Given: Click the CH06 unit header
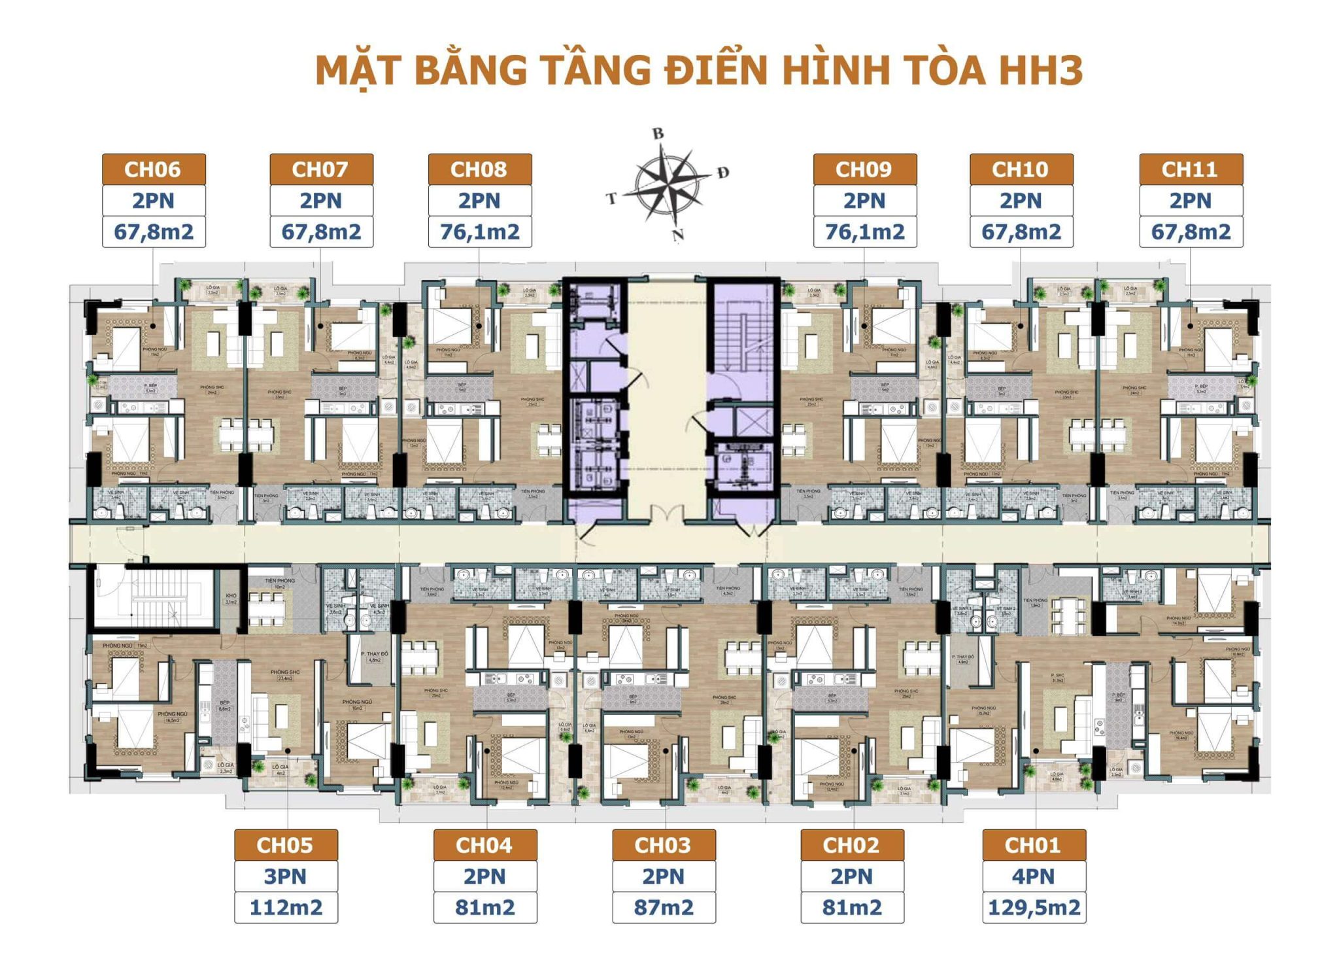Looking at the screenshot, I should [x=154, y=169].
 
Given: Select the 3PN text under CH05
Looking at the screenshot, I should [x=286, y=876].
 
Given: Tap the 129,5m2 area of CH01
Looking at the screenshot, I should [x=1034, y=907].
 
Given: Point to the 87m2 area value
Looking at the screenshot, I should [x=664, y=907].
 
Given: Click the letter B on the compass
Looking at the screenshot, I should [x=658, y=133].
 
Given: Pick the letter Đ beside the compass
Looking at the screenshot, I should [x=722, y=173].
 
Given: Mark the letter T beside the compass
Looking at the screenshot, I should [x=611, y=198].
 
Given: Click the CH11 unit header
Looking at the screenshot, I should [x=1190, y=169].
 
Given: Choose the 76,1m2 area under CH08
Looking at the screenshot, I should [x=480, y=232].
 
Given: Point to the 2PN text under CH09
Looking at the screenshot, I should [x=864, y=201].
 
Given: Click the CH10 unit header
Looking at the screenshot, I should [x=1021, y=169].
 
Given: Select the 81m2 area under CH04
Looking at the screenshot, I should [x=484, y=907].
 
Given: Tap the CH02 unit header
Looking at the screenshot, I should [x=852, y=845].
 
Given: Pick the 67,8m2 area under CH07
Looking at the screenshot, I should [x=321, y=232].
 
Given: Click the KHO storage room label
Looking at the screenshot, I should [x=231, y=598].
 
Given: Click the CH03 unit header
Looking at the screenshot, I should [x=664, y=845].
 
